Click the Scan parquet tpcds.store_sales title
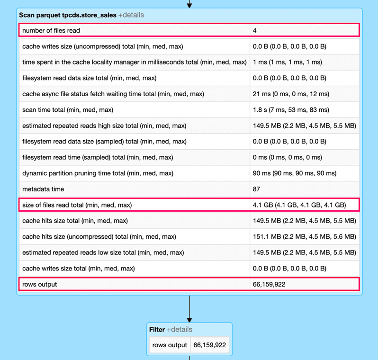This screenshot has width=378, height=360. (x=67, y=15)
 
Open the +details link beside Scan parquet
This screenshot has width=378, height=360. (x=131, y=15)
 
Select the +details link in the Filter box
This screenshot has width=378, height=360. (x=180, y=329)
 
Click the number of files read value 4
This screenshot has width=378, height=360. (x=255, y=30)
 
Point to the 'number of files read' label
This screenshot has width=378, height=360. (x=51, y=30)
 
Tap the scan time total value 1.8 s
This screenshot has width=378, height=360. (x=291, y=110)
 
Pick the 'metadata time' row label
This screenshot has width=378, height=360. (x=43, y=189)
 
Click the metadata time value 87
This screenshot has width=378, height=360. (x=256, y=189)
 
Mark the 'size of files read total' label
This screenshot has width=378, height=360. (x=77, y=205)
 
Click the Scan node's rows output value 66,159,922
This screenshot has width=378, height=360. (x=269, y=284)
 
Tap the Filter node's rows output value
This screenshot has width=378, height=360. (x=210, y=345)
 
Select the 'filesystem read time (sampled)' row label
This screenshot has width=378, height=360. (x=98, y=157)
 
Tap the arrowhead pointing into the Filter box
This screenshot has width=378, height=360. (x=189, y=320)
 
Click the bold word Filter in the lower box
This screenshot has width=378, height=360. (x=157, y=329)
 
